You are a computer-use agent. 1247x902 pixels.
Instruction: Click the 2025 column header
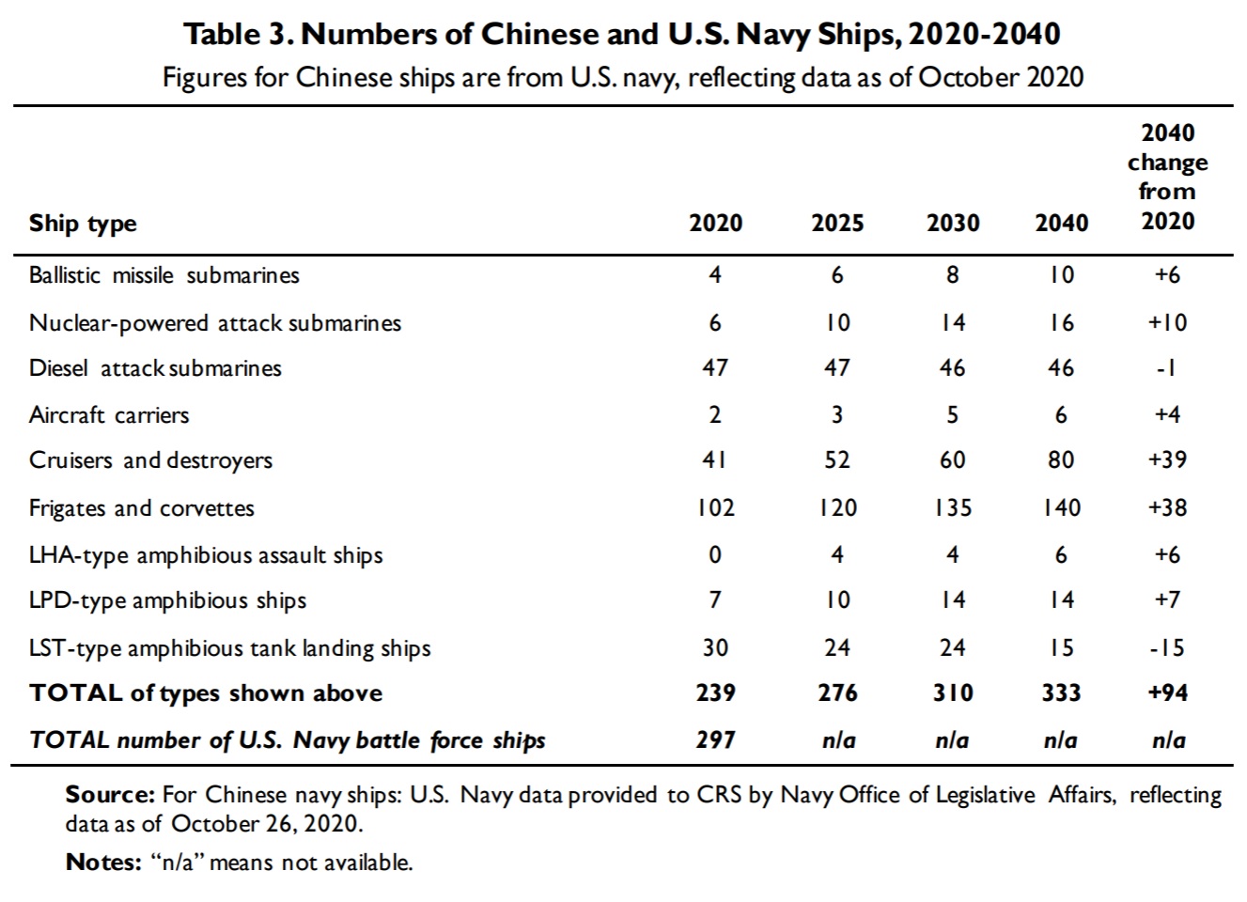click(837, 224)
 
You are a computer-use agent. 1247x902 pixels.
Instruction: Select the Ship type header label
click(83, 224)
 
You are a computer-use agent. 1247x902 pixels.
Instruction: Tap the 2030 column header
click(953, 224)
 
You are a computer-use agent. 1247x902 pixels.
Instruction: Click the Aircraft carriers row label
click(109, 414)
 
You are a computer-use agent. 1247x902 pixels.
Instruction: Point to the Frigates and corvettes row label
click(142, 507)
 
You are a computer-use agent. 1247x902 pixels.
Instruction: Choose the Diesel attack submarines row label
click(155, 368)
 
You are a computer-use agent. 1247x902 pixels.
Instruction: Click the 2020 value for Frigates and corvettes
click(716, 507)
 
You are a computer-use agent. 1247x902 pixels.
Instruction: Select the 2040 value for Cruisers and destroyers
click(1061, 459)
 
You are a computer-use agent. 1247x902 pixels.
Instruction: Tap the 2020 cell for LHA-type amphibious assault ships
click(715, 554)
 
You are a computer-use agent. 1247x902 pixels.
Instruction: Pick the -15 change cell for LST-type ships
click(1167, 647)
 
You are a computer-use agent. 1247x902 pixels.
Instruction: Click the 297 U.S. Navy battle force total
click(716, 740)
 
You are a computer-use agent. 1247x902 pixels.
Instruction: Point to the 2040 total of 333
click(1061, 692)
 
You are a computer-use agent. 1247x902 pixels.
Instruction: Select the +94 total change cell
click(1168, 692)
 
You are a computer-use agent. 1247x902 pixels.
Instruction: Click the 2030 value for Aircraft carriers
click(953, 414)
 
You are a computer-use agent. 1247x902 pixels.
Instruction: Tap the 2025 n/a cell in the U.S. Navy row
click(839, 740)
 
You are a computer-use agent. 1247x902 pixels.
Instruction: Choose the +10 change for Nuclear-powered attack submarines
click(1167, 322)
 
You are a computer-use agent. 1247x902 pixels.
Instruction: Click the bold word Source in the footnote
click(110, 795)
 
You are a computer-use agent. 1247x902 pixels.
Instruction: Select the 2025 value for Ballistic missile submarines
click(837, 274)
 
